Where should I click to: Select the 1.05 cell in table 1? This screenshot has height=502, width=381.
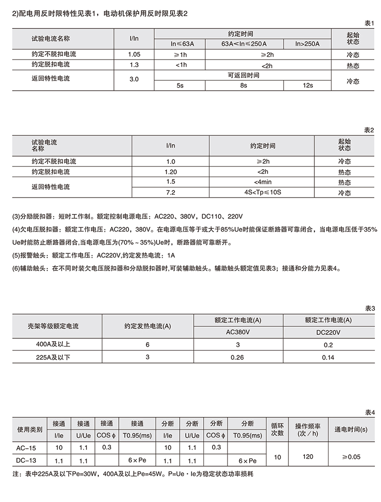134,54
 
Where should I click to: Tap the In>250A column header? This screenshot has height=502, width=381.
307,44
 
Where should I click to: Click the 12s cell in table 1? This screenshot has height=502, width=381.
307,85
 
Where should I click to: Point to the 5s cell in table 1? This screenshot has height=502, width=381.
179,85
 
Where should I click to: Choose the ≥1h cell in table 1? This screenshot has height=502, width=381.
179,54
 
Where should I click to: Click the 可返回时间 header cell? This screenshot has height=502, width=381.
243,75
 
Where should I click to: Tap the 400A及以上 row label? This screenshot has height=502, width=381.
53,345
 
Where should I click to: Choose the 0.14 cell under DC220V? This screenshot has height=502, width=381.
328,357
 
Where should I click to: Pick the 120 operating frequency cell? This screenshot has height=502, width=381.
307,457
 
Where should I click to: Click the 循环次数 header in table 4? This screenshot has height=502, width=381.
277,428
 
